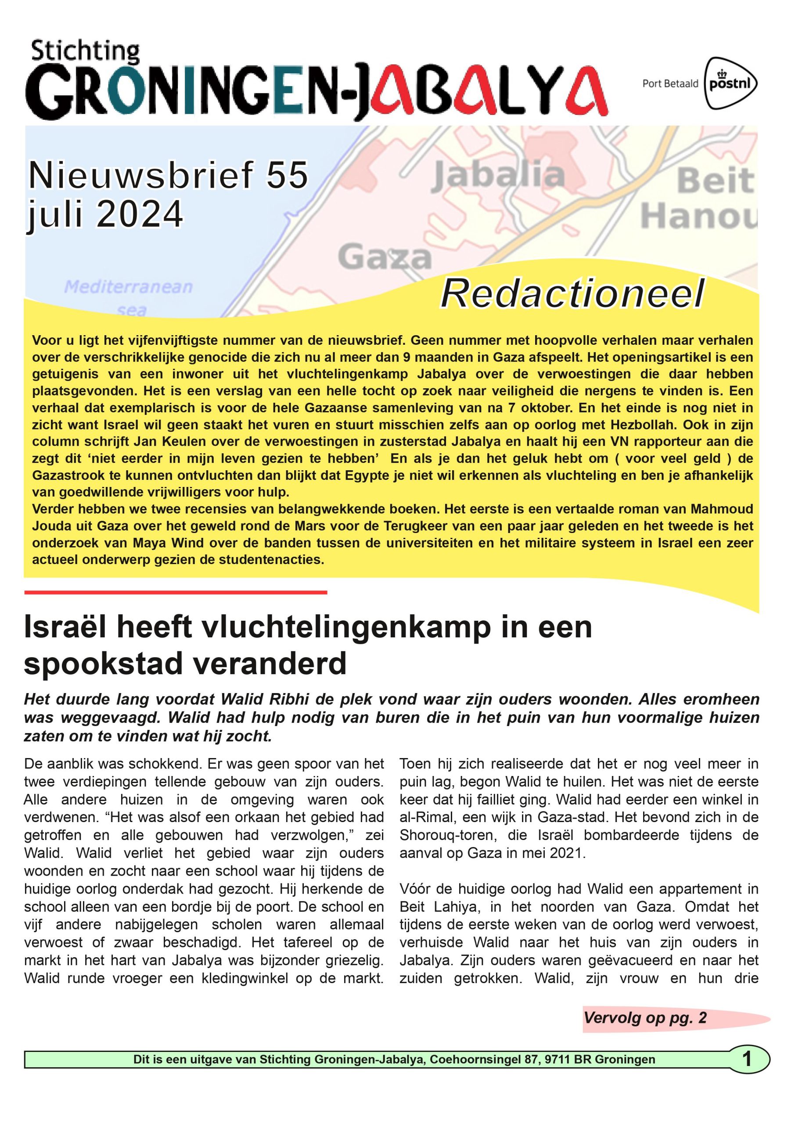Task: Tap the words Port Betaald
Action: (670, 84)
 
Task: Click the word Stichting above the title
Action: (86, 52)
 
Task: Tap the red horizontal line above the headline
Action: (175, 592)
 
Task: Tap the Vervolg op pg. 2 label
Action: (645, 1018)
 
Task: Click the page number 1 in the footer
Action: (747, 1059)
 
